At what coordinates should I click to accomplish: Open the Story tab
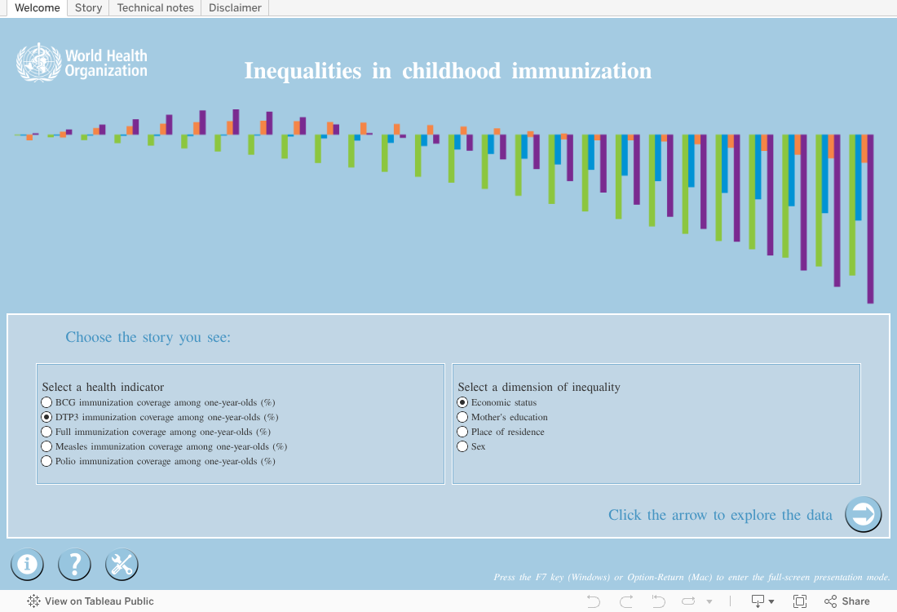point(88,8)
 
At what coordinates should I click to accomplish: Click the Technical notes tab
point(155,8)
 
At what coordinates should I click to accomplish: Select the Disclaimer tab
point(235,8)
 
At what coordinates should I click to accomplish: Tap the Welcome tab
point(38,8)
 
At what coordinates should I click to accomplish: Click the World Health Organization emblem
point(38,62)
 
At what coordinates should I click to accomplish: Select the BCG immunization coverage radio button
point(47,402)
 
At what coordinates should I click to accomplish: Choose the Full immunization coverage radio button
point(47,432)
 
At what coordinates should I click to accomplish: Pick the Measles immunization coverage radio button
point(47,446)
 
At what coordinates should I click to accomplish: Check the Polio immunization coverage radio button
point(47,461)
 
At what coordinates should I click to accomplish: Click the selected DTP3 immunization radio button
point(47,417)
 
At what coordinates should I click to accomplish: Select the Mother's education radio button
point(463,417)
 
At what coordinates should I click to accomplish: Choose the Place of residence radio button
point(463,432)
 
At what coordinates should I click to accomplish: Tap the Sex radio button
point(463,446)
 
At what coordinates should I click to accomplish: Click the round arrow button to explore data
point(864,514)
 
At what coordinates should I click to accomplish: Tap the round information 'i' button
point(27,565)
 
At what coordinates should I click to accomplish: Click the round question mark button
point(74,565)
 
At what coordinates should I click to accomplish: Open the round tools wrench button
point(122,565)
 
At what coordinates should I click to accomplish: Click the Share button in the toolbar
point(847,601)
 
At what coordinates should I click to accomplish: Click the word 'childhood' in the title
point(452,71)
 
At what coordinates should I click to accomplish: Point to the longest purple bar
point(871,219)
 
